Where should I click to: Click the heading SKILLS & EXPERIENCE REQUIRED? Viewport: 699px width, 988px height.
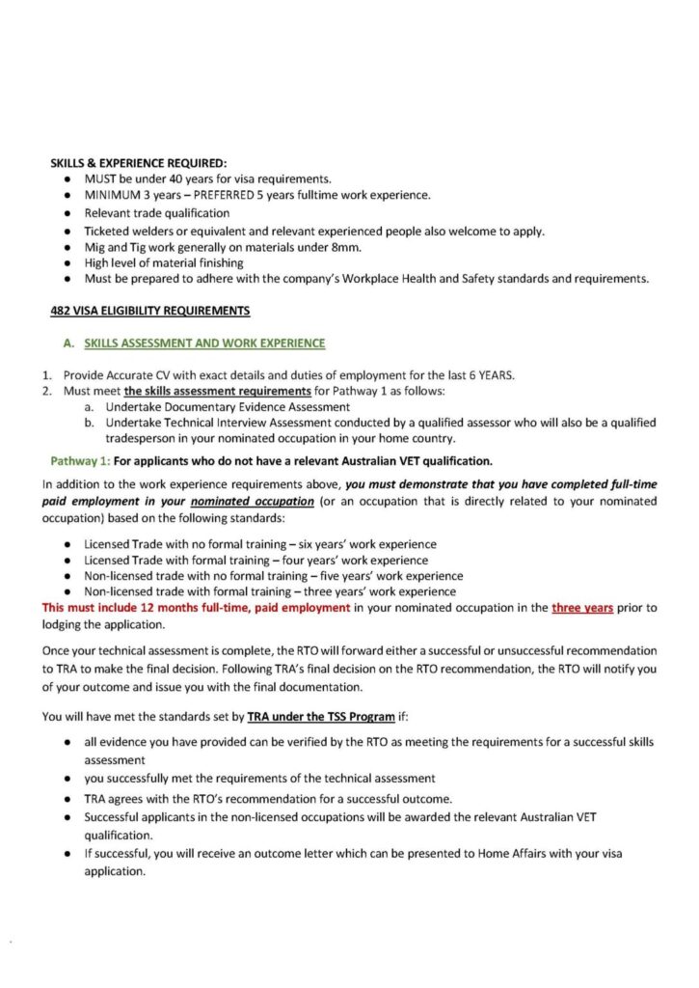[138, 163]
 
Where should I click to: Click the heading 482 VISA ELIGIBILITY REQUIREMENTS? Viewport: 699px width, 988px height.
[149, 310]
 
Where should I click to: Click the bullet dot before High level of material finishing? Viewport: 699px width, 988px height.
[65, 263]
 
